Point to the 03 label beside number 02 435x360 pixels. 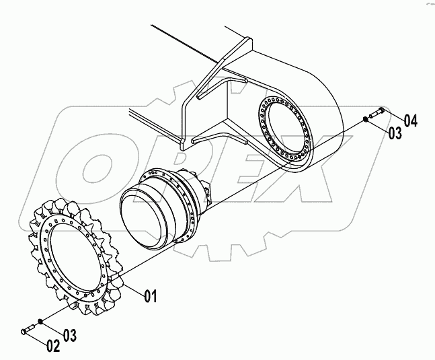pyautogui.click(x=71, y=334)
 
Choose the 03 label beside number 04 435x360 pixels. pyautogui.click(x=395, y=133)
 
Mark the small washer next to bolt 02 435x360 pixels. pyautogui.click(x=42, y=322)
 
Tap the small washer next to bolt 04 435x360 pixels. pyautogui.click(x=364, y=119)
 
